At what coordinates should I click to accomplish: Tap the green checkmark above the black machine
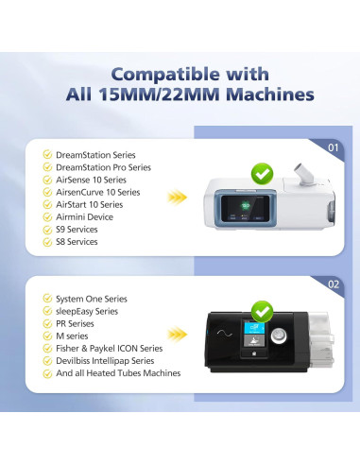tap(262, 310)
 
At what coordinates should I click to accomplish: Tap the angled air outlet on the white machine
tap(301, 174)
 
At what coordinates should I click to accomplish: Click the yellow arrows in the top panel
tap(178, 198)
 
